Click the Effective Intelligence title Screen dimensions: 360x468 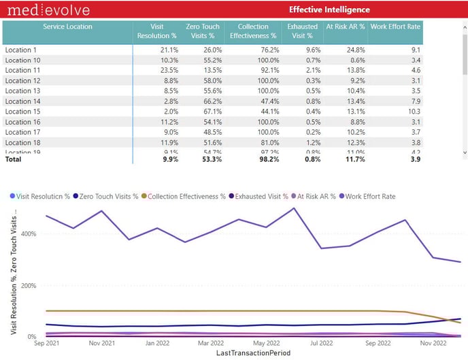point(329,10)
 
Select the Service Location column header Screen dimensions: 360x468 point(67,27)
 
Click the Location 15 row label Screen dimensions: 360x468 point(23,112)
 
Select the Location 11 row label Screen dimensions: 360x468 point(23,70)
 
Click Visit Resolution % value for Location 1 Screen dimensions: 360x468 point(169,50)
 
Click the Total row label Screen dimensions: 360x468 point(14,159)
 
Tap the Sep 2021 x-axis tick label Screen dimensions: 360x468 point(48,344)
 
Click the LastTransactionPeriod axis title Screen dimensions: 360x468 point(253,354)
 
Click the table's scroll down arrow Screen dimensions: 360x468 point(465,152)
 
